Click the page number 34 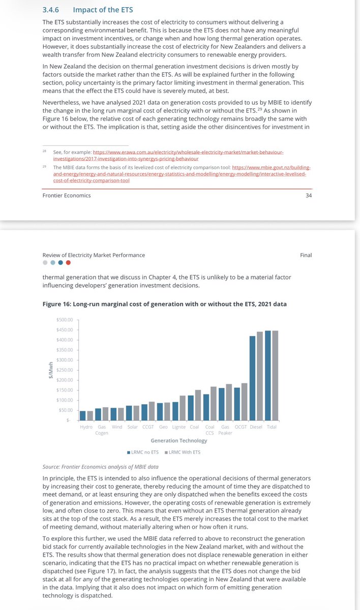pos(308,196)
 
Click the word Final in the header pos(306,255)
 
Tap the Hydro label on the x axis pos(86,428)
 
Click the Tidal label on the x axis pos(272,428)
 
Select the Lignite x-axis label pos(178,428)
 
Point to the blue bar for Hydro pos(83,415)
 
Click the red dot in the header pos(69,263)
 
